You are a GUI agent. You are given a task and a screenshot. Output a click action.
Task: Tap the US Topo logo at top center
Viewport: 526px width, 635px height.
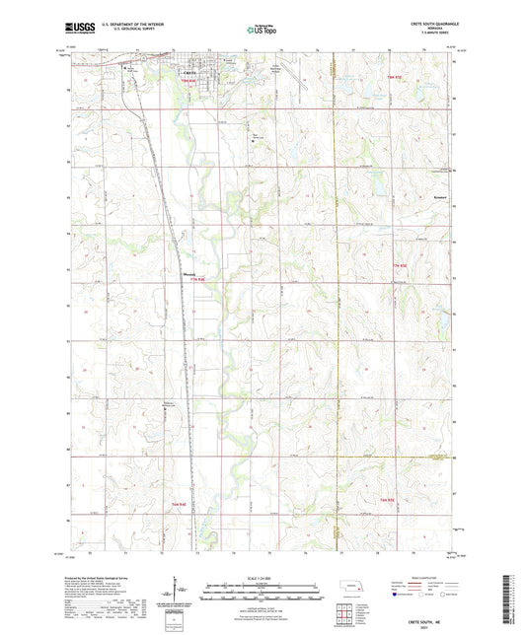(x=262, y=31)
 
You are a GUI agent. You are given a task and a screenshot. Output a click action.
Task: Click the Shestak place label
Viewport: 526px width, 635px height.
(x=190, y=274)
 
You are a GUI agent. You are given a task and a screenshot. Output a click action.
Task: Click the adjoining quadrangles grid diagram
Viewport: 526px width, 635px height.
(x=346, y=616)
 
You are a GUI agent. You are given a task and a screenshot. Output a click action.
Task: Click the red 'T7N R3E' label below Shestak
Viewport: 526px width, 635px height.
(x=196, y=282)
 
